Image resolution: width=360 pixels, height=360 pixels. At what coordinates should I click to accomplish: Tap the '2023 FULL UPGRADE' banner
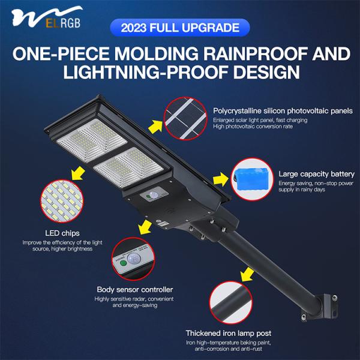(180, 28)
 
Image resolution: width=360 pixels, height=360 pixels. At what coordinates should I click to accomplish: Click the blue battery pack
(253, 178)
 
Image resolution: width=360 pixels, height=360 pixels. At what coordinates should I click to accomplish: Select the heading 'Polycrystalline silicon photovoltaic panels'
(283, 110)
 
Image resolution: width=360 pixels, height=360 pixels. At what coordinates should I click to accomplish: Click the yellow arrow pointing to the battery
(221, 179)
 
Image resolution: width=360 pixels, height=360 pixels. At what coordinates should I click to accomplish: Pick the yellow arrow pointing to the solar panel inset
(157, 125)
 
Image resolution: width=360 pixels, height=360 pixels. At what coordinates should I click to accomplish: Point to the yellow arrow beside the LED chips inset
(76, 174)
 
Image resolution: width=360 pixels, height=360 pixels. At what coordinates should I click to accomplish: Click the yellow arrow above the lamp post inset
(246, 275)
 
